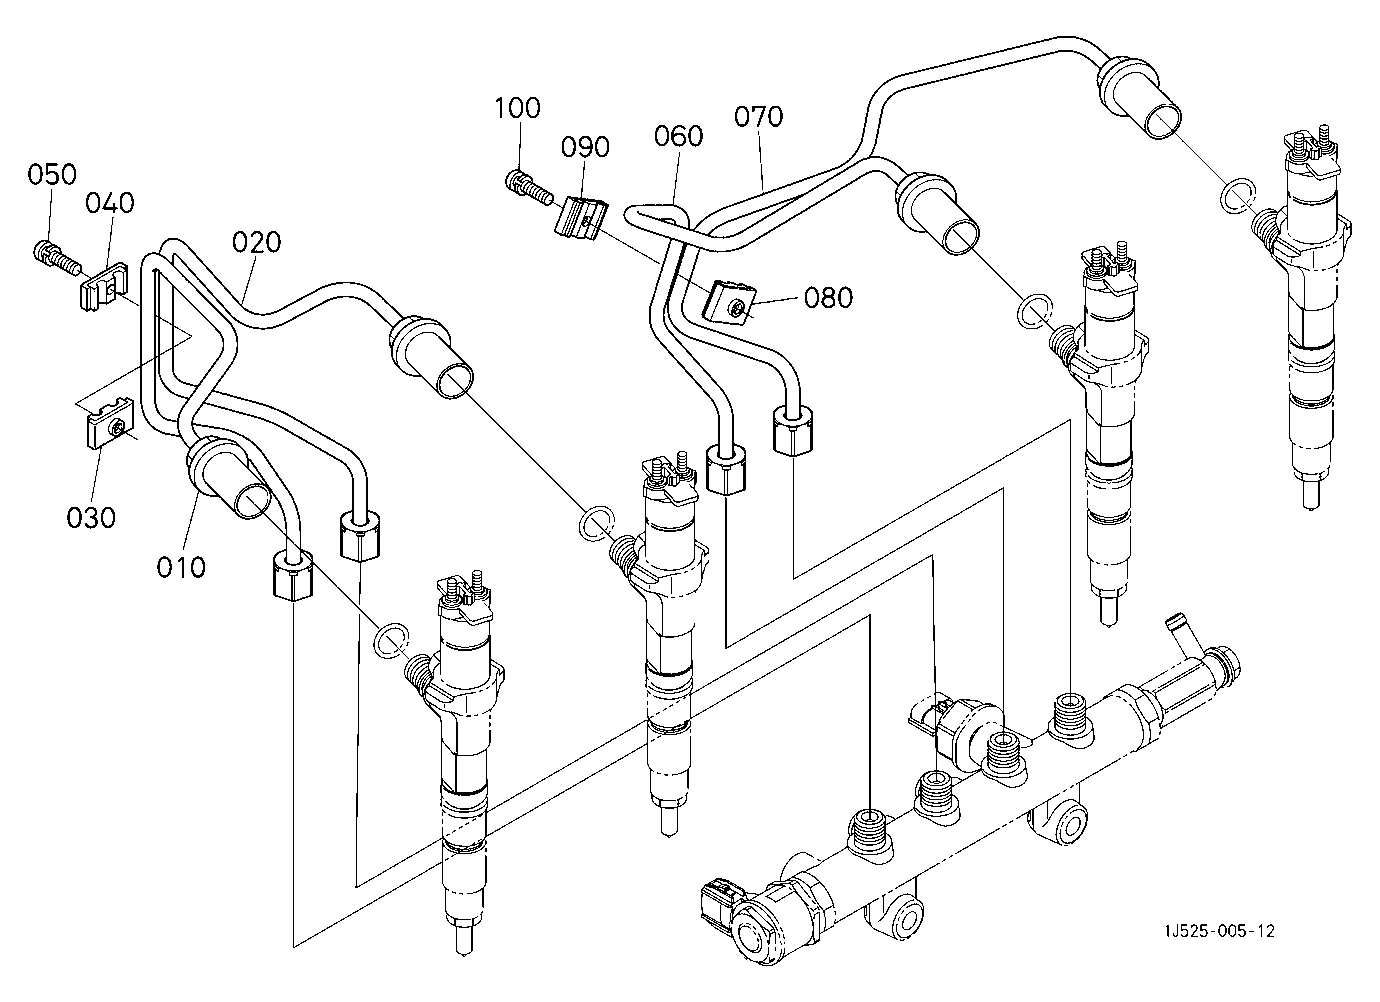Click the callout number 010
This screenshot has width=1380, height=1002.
181,567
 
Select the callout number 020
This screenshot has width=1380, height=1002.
256,242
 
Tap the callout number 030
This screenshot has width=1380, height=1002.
91,518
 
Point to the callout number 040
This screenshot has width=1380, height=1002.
110,203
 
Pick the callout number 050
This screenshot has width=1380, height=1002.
52,174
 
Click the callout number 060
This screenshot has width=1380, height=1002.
678,136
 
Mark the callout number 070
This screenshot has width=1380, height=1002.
758,116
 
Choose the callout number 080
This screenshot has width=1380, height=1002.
829,298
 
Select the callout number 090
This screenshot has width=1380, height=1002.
585,147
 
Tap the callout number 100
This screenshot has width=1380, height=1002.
518,108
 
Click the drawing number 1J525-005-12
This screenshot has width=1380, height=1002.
1219,931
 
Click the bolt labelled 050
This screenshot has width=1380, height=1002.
56,259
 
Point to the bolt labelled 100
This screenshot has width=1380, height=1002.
529,187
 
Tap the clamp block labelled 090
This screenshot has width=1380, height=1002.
580,218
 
